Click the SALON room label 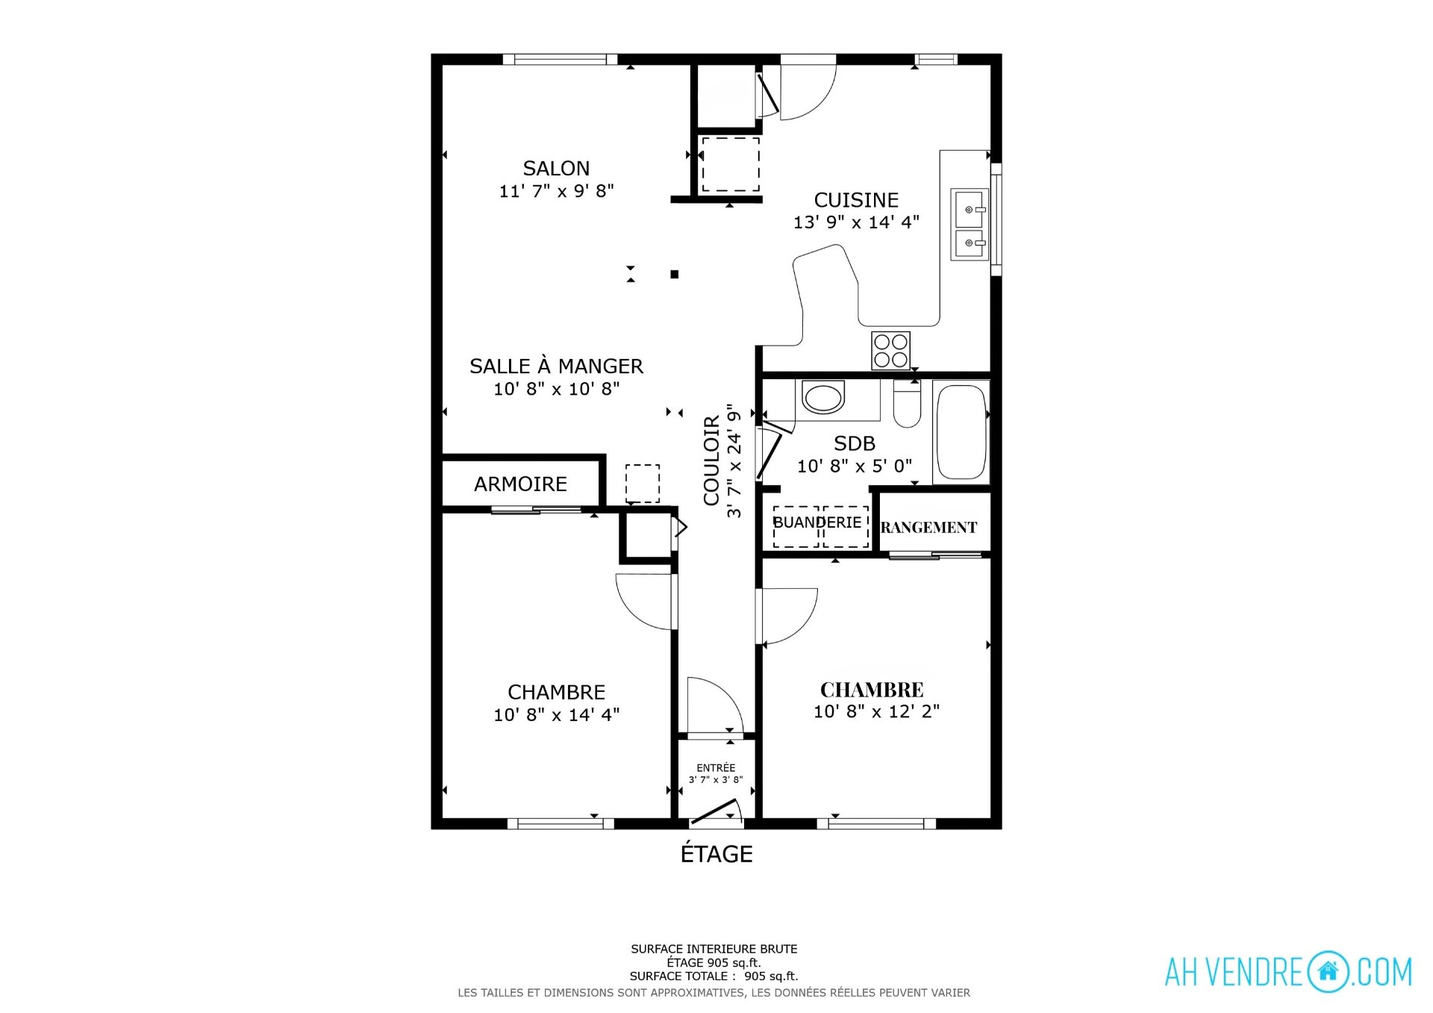pos(556,169)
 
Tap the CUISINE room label pos(856,200)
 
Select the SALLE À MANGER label pos(556,367)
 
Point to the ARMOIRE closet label pos(520,484)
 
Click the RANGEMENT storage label pos(928,528)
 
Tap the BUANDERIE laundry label pos(817,523)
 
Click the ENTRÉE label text pos(716,767)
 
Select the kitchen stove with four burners pos(891,351)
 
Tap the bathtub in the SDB pos(961,432)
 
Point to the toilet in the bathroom pos(907,404)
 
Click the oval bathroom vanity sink pos(823,397)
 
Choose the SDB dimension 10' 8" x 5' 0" pos(855,467)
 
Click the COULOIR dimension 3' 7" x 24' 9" pos(735,461)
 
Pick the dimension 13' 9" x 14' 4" pos(856,222)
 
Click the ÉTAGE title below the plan pos(716,854)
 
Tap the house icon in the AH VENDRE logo pos(1328,971)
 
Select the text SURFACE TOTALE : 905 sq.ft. pos(714,976)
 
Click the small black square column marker pos(675,275)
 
